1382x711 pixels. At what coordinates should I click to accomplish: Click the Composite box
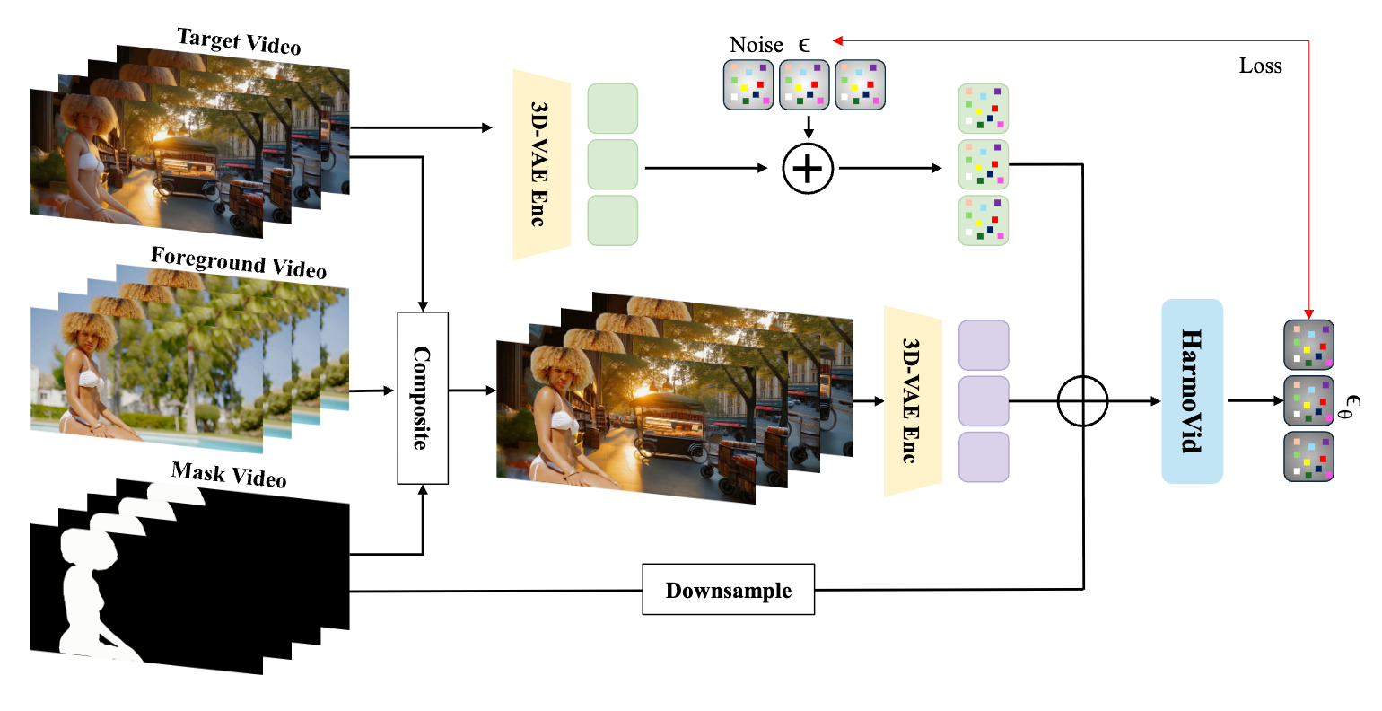(423, 398)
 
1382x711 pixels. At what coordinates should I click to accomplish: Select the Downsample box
(728, 590)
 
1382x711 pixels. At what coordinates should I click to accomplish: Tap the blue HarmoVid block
(1192, 391)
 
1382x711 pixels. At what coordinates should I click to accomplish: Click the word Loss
(1260, 66)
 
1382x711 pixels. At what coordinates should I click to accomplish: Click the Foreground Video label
(238, 262)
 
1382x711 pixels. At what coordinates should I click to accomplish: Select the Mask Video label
(229, 473)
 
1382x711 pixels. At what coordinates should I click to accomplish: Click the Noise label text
(756, 45)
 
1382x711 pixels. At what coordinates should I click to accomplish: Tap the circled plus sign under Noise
(808, 168)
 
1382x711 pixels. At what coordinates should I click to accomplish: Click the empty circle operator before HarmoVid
(1083, 400)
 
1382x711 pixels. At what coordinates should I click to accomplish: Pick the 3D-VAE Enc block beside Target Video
(541, 165)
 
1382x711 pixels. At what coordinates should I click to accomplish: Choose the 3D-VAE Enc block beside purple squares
(912, 401)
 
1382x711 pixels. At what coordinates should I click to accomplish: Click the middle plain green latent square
(612, 164)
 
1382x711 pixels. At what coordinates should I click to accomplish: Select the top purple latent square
(984, 346)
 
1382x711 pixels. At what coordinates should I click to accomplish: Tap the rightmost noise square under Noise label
(860, 85)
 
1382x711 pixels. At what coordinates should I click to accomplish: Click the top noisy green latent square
(984, 109)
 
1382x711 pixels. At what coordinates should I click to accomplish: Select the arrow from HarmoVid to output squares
(1255, 400)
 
